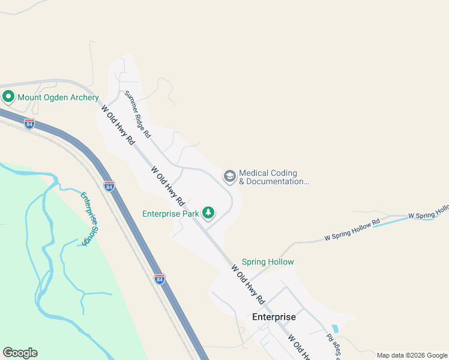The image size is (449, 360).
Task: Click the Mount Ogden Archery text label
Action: click(x=58, y=97)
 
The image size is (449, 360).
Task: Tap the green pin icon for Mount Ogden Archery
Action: click(x=8, y=96)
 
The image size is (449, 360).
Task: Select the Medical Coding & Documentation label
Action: click(x=274, y=177)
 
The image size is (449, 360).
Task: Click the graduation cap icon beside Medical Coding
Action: click(x=229, y=176)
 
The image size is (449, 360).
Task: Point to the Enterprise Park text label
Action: click(x=170, y=214)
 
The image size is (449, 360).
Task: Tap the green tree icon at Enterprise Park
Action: click(x=208, y=212)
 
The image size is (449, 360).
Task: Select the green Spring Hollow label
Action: click(x=268, y=262)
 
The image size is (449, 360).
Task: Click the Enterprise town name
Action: click(x=274, y=317)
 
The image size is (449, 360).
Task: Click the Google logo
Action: click(x=20, y=352)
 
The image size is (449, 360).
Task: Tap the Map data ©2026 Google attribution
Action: click(x=412, y=355)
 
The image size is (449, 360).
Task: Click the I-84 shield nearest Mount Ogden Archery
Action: click(x=29, y=124)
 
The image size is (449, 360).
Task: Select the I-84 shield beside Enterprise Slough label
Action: click(x=109, y=186)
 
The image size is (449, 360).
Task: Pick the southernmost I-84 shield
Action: click(x=158, y=278)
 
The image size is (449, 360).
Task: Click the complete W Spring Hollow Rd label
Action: click(x=352, y=230)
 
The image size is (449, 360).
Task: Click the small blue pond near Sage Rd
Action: click(x=334, y=329)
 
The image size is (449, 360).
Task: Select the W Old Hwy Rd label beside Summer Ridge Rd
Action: click(x=118, y=125)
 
